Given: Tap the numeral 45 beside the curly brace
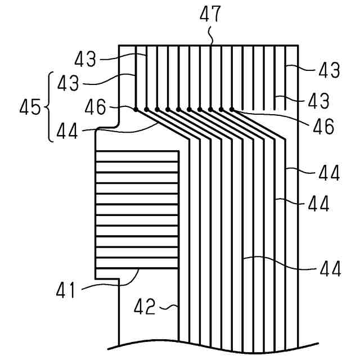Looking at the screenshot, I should (x=31, y=107).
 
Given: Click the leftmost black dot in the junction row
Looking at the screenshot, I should (x=136, y=109).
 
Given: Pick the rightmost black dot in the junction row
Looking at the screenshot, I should (x=231, y=109).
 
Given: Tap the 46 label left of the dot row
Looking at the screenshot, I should (x=97, y=106).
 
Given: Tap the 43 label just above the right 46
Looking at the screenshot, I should (x=317, y=101).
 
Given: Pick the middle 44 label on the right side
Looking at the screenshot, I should (x=319, y=202).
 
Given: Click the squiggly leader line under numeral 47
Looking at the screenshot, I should (x=211, y=37).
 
